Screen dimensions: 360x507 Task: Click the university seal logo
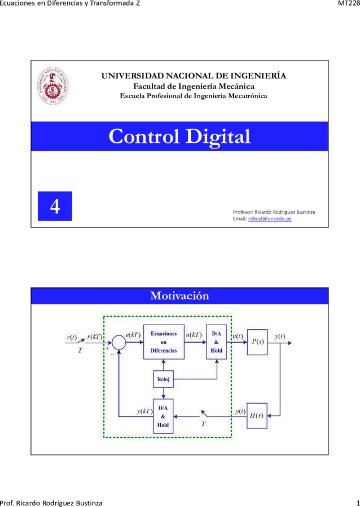pos(52,86)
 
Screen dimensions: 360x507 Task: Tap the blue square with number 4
pos(55,206)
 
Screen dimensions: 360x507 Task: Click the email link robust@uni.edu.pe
pos(270,219)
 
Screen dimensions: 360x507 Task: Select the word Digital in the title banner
pos(218,136)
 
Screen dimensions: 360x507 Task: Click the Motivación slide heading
pos(179,296)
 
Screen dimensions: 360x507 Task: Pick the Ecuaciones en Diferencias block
pos(164,342)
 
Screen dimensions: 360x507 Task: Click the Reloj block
pos(164,379)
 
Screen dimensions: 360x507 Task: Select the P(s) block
pos(257,342)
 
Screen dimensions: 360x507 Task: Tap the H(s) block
pos(257,416)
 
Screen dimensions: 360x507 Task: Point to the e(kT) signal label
pos(133,335)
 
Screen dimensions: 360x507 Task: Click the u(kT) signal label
pos(194,335)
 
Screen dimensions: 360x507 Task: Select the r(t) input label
pos(72,337)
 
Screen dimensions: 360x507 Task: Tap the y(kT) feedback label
pos(144,411)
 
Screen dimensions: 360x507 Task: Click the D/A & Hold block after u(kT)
pos(217,342)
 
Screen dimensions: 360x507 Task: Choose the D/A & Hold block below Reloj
pos(163,416)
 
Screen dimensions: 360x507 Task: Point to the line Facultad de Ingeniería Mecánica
pos(194,86)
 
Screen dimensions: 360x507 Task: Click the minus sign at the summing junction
pos(112,355)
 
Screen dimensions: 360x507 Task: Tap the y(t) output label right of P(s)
pos(280,336)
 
